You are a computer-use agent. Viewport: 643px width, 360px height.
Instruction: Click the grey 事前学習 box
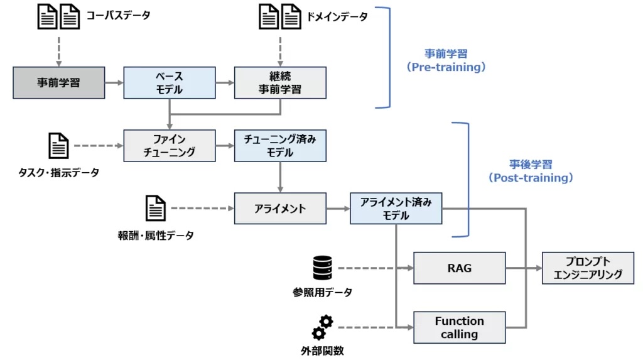coord(58,82)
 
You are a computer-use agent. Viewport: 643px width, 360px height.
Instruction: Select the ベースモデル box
coord(169,82)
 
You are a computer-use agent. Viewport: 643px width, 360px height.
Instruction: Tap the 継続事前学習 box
coord(279,82)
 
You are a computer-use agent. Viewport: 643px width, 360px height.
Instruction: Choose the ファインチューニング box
coord(169,145)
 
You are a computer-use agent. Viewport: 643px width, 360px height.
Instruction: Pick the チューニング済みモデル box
coord(279,145)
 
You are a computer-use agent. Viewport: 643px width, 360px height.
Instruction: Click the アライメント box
coord(279,209)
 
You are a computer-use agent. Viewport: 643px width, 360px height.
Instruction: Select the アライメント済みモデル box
coord(396,209)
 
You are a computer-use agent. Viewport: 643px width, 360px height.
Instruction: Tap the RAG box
coord(459,268)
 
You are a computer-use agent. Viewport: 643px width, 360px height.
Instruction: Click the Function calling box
coord(459,327)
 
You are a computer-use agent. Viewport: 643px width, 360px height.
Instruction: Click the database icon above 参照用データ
coord(321,268)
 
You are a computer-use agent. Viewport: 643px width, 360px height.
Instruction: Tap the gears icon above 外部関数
coord(322,327)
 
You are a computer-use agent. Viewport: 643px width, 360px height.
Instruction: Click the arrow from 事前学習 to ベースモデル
coord(114,82)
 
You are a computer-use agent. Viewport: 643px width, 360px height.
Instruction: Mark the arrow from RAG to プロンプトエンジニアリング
coord(524,268)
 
